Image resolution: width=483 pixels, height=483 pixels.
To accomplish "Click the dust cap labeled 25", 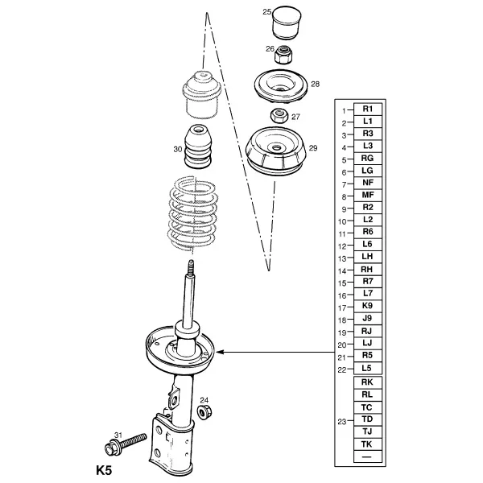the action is tap(287, 23).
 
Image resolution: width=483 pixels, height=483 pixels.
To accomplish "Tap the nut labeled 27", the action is tap(279, 116).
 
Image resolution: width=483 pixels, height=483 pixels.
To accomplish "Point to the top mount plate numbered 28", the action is tap(281, 87).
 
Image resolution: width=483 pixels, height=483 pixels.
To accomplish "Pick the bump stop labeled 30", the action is tap(198, 146).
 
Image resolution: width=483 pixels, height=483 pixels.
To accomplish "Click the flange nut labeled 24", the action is tap(204, 412).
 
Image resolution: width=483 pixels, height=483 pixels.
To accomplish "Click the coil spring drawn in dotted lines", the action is tap(192, 213).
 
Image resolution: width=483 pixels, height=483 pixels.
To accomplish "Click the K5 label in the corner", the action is tap(104, 470).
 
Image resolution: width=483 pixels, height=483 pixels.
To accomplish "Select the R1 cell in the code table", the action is tap(368, 109).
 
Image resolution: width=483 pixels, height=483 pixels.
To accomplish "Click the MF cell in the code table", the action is tap(368, 195).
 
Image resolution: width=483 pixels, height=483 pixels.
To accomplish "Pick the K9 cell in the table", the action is tap(368, 306).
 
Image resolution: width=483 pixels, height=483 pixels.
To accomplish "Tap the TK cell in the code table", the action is tap(368, 444).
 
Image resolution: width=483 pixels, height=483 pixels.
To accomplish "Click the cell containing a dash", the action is tap(368, 456).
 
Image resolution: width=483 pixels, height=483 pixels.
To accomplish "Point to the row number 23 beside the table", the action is tap(342, 421).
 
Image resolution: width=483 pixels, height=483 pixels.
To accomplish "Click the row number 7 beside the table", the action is tap(344, 184).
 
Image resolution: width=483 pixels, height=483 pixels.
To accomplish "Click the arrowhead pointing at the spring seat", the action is tap(219, 352).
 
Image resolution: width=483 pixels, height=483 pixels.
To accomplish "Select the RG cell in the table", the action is tap(368, 159).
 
